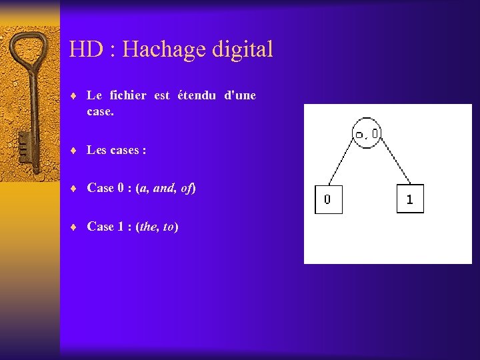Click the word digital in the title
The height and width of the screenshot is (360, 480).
tap(243, 50)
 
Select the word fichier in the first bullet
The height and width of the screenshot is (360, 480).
tap(127, 95)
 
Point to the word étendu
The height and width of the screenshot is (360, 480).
tap(197, 95)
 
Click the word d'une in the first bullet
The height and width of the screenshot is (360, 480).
tap(240, 95)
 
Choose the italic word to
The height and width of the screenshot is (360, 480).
tap(169, 227)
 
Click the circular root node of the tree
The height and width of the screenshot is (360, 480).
tap(367, 133)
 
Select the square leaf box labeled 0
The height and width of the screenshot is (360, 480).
tap(328, 199)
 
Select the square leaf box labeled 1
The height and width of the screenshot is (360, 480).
tap(409, 199)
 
